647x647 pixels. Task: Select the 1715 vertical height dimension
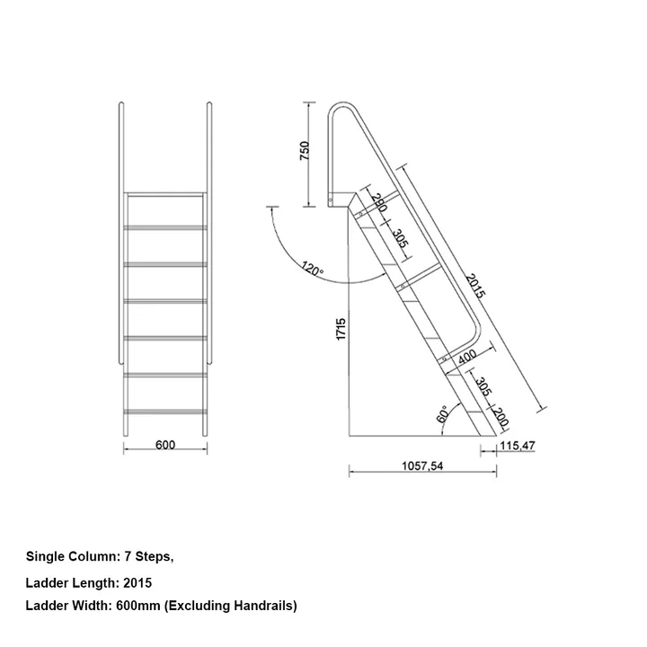[x=341, y=329]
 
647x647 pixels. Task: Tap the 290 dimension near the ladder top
[x=378, y=204]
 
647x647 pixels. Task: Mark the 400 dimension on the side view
[x=467, y=358]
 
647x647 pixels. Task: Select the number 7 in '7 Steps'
[x=129, y=556]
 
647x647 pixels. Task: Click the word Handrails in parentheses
[x=262, y=607]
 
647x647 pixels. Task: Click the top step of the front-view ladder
[x=165, y=193]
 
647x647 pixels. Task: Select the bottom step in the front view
[x=165, y=410]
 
